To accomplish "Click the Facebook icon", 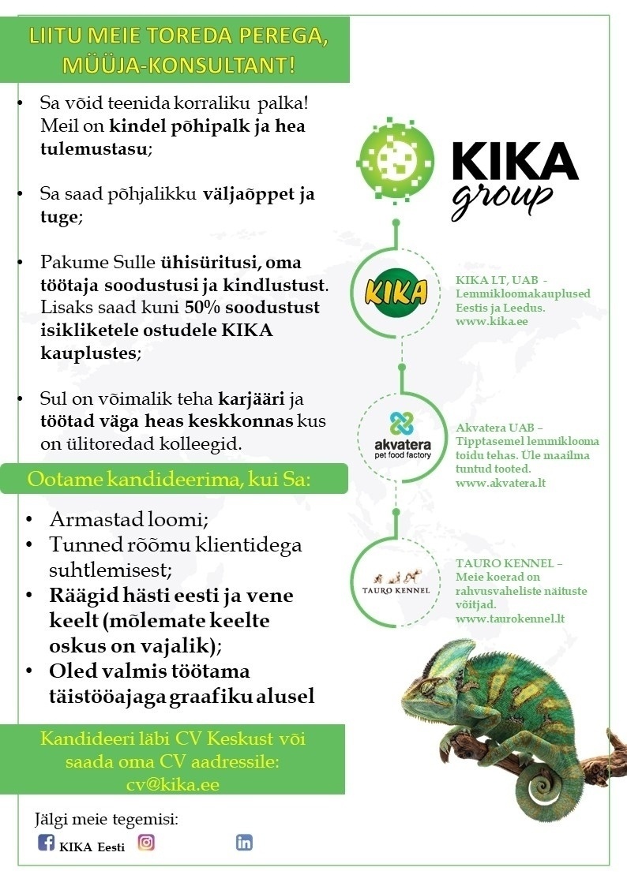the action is [x=47, y=843].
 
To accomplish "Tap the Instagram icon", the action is [x=146, y=843].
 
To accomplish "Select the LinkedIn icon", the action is [x=244, y=843].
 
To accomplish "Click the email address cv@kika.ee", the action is [x=172, y=784].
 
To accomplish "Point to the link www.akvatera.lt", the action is [x=501, y=482].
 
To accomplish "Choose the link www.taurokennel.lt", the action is [x=510, y=619].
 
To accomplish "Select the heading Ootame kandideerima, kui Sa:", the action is [x=170, y=478].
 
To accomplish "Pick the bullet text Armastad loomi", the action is [x=122, y=520].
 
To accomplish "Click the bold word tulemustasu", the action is [x=92, y=149].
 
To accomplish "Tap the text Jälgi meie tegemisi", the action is [x=107, y=818].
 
